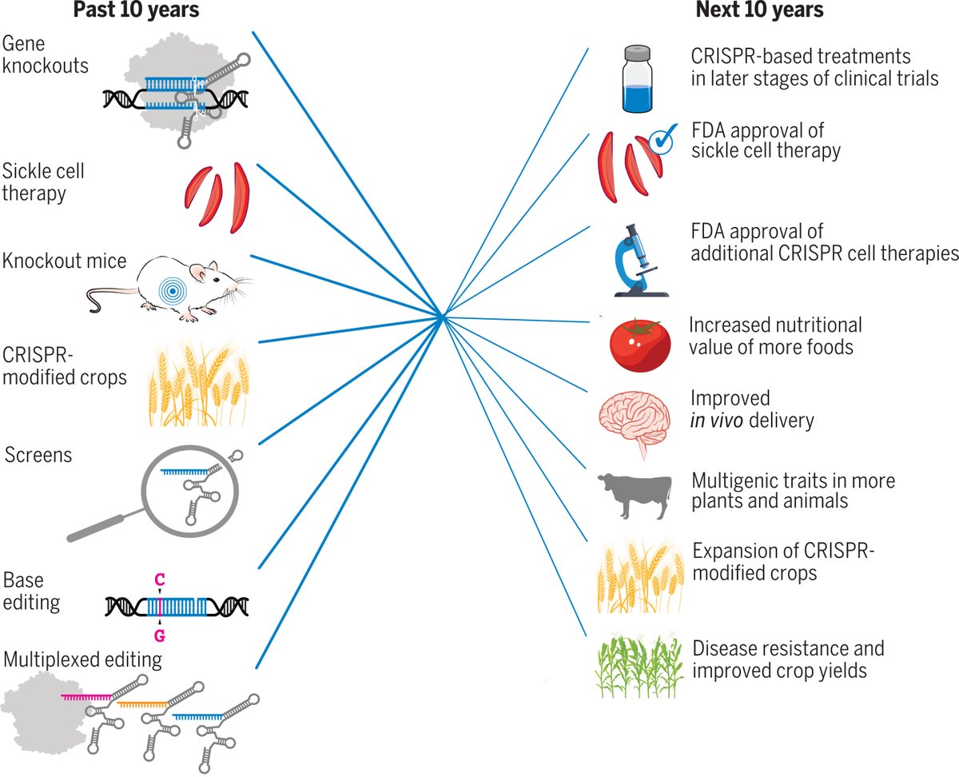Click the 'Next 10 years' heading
759,11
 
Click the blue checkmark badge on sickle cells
660,139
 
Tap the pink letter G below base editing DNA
161,636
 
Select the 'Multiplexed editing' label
83,660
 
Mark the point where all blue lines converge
441,318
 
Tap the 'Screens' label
38,455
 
